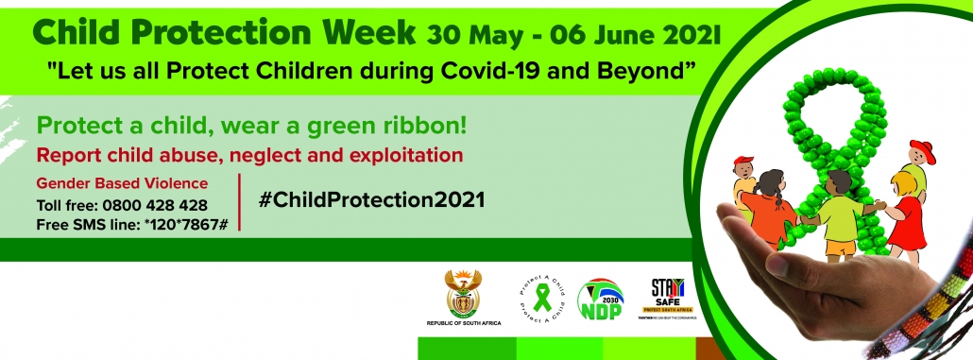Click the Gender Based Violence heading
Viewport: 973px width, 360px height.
122,183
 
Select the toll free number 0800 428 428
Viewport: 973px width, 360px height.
155,205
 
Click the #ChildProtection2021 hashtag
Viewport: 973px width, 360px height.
371,200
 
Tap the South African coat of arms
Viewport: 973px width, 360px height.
463,295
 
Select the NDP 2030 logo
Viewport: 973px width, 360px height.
599,300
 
